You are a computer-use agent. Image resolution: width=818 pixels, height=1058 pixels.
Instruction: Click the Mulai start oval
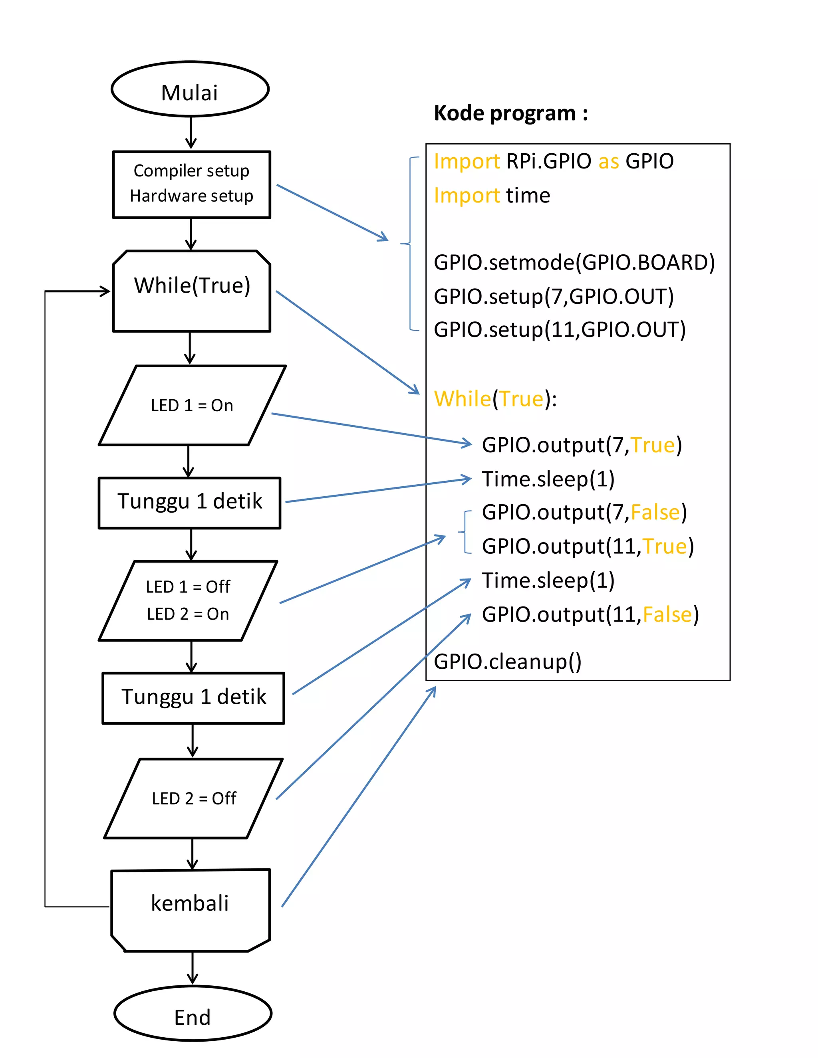pyautogui.click(x=190, y=89)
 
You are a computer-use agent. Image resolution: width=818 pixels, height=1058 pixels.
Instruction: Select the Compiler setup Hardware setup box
pyautogui.click(x=191, y=184)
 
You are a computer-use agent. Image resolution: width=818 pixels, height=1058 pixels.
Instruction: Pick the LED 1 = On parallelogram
pyautogui.click(x=192, y=405)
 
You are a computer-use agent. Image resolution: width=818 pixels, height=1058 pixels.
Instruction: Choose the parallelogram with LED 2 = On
pyautogui.click(x=188, y=601)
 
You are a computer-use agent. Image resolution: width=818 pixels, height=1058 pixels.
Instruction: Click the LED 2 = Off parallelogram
pyautogui.click(x=194, y=798)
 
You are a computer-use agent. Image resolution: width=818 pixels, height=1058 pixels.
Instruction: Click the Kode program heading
pyautogui.click(x=510, y=113)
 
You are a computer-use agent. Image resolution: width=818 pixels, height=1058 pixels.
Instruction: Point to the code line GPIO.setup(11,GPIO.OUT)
pyautogui.click(x=559, y=330)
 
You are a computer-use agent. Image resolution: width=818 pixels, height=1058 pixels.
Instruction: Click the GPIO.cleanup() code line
pyautogui.click(x=507, y=662)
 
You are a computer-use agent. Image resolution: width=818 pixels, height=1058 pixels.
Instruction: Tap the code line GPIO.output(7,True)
pyautogui.click(x=582, y=445)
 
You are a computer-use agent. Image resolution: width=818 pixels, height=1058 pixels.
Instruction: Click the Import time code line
pyautogui.click(x=491, y=196)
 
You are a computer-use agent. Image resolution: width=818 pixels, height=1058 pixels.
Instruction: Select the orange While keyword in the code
pyautogui.click(x=462, y=399)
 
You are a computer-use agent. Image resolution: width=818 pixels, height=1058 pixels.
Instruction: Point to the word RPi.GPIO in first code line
pyautogui.click(x=548, y=161)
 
